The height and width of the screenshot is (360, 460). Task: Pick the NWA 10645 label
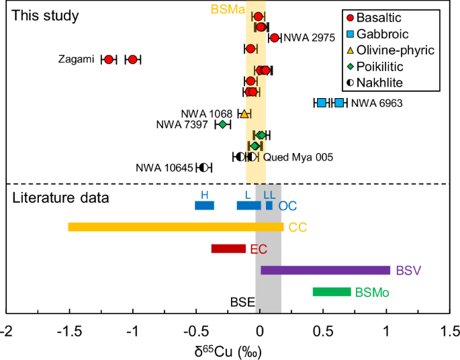pos(164,168)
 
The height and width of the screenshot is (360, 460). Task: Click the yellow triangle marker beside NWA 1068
pos(244,114)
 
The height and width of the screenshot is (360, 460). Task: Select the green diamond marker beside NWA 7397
pos(222,124)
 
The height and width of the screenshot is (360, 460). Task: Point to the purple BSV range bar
pos(325,270)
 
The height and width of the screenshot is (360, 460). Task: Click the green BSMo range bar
pos(332,291)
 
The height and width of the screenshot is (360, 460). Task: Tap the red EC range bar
pos(228,249)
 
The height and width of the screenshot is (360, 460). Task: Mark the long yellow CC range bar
pos(176,227)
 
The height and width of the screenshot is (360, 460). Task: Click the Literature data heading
pos(60,198)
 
